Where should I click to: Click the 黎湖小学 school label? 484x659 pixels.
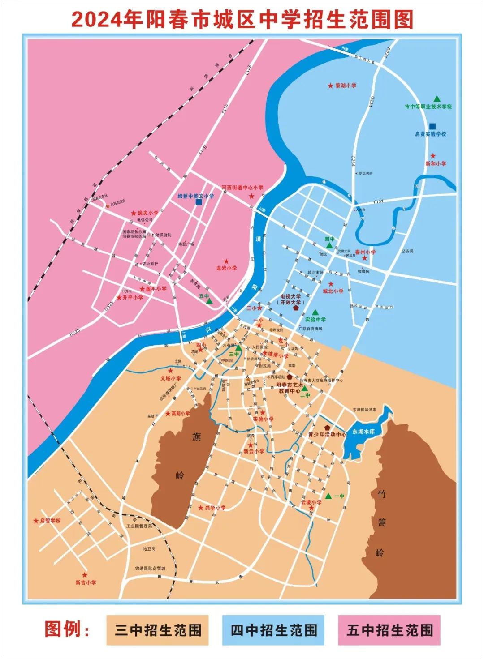pyautogui.click(x=346, y=86)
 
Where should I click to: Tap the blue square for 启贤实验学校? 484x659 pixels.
pyautogui.click(x=432, y=126)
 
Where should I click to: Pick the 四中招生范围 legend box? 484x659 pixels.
pyautogui.click(x=274, y=630)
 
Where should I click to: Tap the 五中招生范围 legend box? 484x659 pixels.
pyautogui.click(x=389, y=630)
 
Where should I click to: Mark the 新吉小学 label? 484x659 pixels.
pyautogui.click(x=86, y=582)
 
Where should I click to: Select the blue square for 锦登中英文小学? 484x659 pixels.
pyautogui.click(x=199, y=202)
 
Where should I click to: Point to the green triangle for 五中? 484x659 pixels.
pyautogui.click(x=209, y=301)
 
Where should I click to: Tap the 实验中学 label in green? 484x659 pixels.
pyautogui.click(x=315, y=320)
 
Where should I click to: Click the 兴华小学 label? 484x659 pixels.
pyautogui.click(x=216, y=508)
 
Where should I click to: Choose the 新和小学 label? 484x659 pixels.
pyautogui.click(x=436, y=164)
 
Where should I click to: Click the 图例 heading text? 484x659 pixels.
pyautogui.click(x=67, y=629)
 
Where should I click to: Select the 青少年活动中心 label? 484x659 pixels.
pyautogui.click(x=327, y=434)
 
